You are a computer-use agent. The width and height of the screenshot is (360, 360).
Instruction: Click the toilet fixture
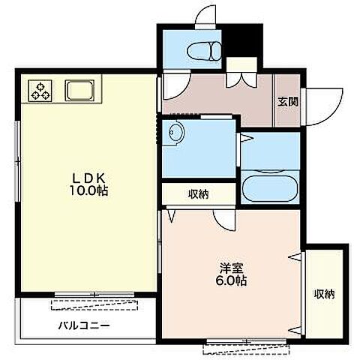pyautogui.click(x=204, y=51)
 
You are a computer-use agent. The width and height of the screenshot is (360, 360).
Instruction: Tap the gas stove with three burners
pyautogui.click(x=40, y=91)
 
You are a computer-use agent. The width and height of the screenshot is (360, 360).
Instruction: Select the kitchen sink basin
pyautogui.click(x=79, y=91)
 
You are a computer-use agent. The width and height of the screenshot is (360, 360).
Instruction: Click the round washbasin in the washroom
pyautogui.click(x=176, y=132)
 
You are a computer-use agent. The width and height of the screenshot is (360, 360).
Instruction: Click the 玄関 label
pyautogui.click(x=288, y=102)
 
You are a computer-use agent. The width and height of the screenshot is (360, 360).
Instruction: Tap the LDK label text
pyautogui.click(x=88, y=178)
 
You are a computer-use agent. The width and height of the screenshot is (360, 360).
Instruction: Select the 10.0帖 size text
pyautogui.click(x=88, y=191)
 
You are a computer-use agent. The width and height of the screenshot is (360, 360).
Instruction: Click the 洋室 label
pyautogui.click(x=231, y=268)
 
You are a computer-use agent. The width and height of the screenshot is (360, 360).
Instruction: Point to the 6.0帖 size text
pyautogui.click(x=231, y=280)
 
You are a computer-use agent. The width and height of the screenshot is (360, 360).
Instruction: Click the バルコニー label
pyautogui.click(x=84, y=325)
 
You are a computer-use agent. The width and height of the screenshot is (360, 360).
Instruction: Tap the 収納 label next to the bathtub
pyautogui.click(x=199, y=194)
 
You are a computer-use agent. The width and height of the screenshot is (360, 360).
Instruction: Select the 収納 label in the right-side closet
pyautogui.click(x=325, y=294)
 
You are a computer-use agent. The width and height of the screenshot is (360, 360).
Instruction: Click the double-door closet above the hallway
pyautogui.click(x=241, y=72)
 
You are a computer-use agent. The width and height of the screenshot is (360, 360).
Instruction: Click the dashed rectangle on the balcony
pyautogui.click(x=94, y=304)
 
